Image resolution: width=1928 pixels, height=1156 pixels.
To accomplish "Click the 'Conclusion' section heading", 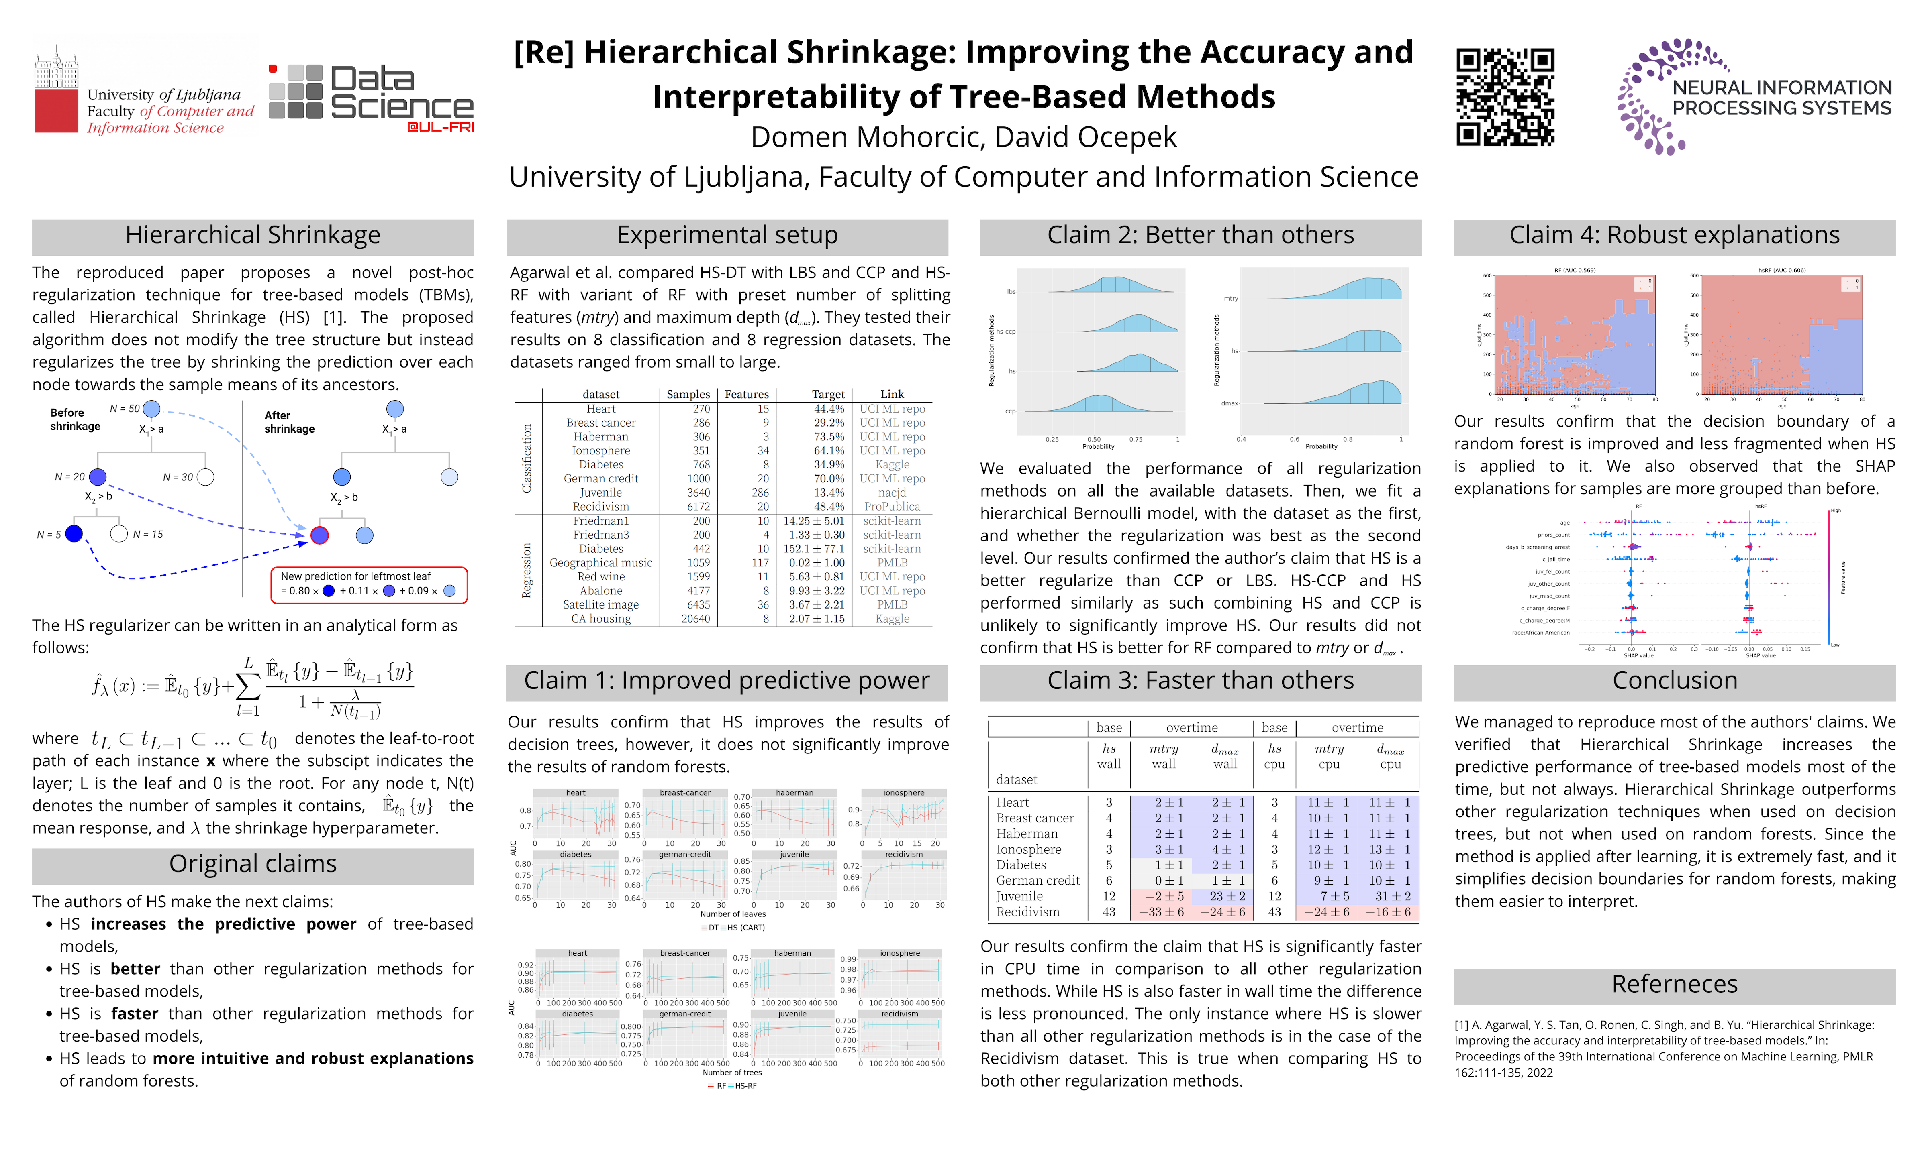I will (1674, 681).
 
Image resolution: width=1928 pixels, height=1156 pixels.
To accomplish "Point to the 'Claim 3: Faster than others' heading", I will (1200, 681).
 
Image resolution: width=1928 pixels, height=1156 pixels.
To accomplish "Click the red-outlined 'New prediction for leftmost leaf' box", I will (369, 584).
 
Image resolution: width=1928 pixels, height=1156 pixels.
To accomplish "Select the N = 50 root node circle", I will (152, 409).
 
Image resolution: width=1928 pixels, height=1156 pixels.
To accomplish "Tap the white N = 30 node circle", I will (206, 477).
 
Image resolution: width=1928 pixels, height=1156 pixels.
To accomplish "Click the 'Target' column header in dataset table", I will (827, 394).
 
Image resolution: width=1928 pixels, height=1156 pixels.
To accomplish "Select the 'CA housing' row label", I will (601, 619).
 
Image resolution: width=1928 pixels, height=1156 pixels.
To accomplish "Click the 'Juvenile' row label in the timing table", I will (1019, 897).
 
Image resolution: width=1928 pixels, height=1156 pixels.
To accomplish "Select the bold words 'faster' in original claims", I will (134, 1014).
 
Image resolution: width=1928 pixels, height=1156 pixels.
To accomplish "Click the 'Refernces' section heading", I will (1674, 985).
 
